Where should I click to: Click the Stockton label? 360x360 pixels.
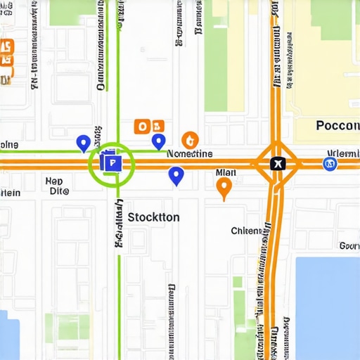coord(153,217)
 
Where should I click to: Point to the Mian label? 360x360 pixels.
coord(226,172)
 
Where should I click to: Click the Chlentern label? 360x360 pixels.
coord(251,231)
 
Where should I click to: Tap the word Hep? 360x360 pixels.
coord(54,181)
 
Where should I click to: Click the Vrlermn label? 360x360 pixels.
coord(343,153)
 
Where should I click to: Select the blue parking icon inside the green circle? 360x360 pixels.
coord(110,163)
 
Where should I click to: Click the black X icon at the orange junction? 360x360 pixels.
coord(278,164)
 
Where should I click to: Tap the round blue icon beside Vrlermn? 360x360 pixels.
coord(329,164)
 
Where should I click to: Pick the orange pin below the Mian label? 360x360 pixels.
coord(224,187)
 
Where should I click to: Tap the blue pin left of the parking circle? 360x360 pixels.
coord(83,143)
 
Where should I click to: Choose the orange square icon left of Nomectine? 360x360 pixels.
coord(143,127)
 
